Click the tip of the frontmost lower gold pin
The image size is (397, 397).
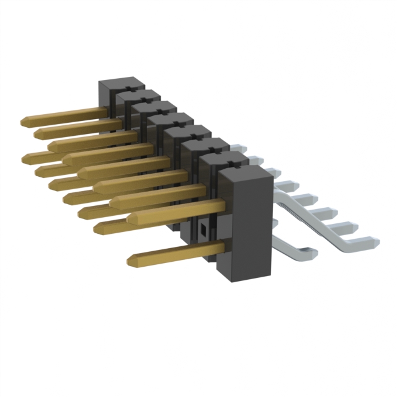(x=131, y=261)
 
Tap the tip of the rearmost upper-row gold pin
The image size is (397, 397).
(x=24, y=121)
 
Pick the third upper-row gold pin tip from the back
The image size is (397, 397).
(x=51, y=146)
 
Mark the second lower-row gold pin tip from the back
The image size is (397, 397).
(x=38, y=169)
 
